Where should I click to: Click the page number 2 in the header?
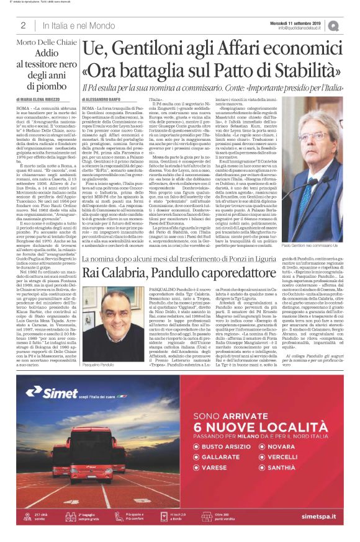pos(22,25)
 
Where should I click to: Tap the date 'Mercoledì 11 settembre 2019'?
pos(304,22)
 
